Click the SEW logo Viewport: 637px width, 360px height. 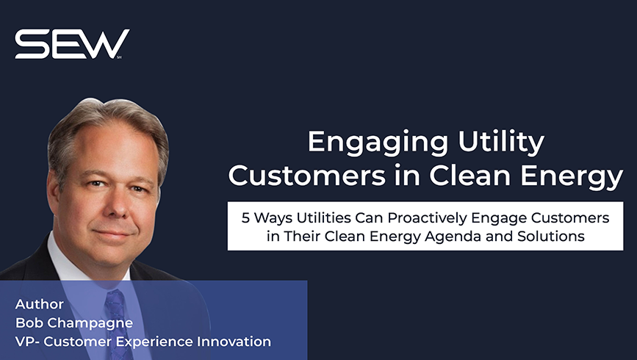click(x=72, y=44)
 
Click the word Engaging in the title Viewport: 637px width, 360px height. click(x=378, y=143)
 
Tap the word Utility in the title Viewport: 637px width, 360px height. click(x=501, y=143)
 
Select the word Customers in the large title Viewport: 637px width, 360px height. click(x=306, y=176)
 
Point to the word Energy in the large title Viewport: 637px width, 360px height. click(x=572, y=178)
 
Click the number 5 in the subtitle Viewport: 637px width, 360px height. click(x=245, y=218)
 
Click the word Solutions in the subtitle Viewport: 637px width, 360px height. click(x=551, y=236)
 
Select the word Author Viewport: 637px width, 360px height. click(x=40, y=304)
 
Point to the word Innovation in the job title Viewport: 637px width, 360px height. click(x=234, y=342)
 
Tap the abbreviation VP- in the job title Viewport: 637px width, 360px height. click(x=28, y=342)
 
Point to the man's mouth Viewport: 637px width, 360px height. click(x=115, y=234)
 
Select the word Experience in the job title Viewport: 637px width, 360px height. click(x=154, y=342)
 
